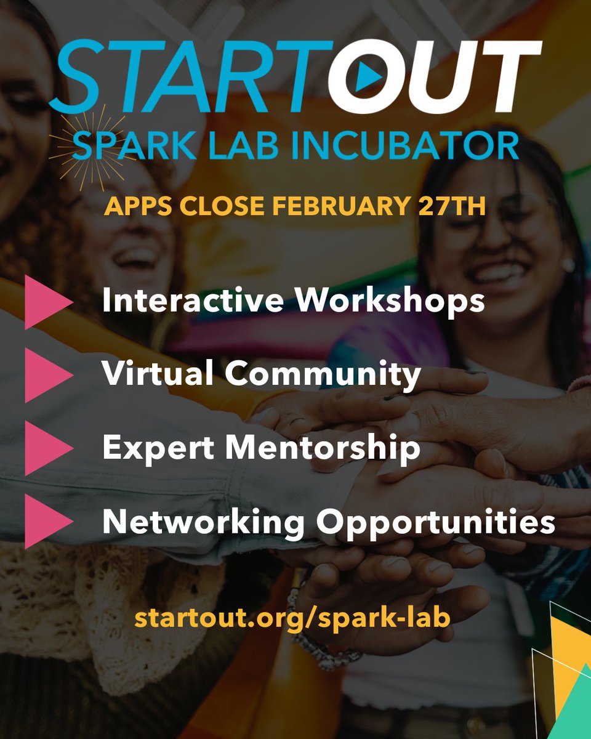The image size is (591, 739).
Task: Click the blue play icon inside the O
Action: (368, 75)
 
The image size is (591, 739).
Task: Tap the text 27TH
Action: (453, 206)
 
